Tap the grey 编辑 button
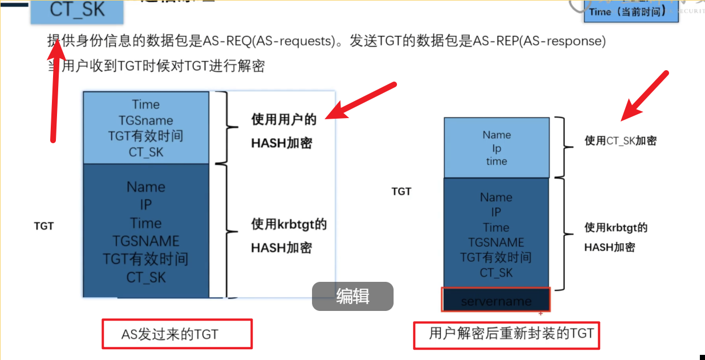[352, 296]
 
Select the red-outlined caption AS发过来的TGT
[177, 334]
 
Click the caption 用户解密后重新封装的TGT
[507, 333]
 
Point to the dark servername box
[496, 300]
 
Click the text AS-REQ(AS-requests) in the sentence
[268, 41]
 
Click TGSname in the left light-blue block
[145, 120]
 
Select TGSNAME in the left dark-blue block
[145, 241]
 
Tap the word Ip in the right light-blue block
[496, 148]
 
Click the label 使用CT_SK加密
[621, 140]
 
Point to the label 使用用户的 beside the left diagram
[283, 120]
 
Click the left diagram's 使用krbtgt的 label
[289, 224]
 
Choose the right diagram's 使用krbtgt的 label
[616, 228]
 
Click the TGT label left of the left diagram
[44, 226]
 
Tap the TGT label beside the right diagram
[401, 192]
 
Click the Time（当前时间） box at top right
[631, 11]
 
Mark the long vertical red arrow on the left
[55, 91]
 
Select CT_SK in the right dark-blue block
[496, 273]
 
